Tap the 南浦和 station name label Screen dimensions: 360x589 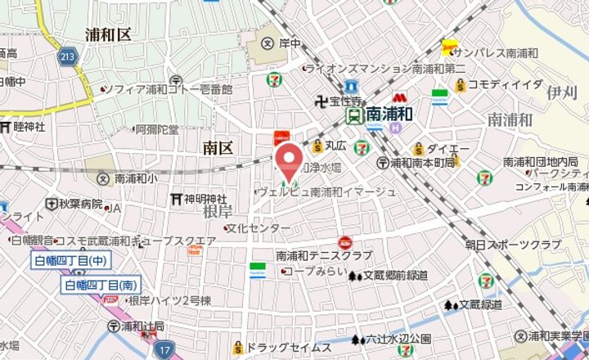394,115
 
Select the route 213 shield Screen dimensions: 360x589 68,56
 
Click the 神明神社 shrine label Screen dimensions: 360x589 205,199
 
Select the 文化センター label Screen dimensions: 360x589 258,227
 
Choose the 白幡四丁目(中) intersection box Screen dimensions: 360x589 71,261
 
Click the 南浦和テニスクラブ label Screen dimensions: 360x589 325,255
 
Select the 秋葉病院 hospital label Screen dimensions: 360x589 79,204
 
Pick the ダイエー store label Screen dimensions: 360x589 448,149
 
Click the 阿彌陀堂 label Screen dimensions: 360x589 157,129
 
